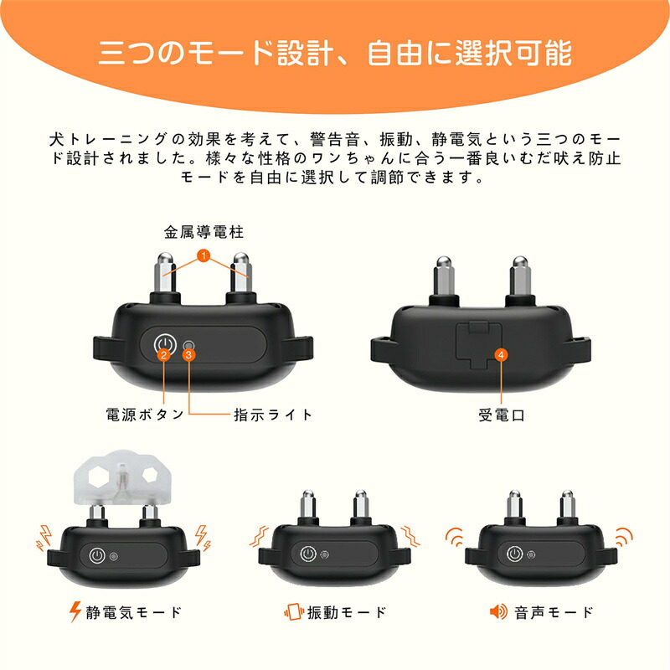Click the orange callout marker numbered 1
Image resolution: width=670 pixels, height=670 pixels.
click(x=204, y=255)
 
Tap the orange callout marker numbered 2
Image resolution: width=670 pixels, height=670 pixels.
click(x=163, y=354)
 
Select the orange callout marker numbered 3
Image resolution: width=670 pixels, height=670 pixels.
click(x=189, y=354)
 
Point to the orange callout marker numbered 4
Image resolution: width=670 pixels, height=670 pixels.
click(x=501, y=354)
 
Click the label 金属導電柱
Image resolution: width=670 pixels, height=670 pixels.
click(x=204, y=232)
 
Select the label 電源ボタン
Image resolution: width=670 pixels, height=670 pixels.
click(x=145, y=415)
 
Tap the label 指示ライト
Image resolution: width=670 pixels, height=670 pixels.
click(x=273, y=415)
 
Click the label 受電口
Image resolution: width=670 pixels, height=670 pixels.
click(x=501, y=415)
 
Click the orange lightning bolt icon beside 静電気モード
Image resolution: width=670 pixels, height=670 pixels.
click(x=75, y=611)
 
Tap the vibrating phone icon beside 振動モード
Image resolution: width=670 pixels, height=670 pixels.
click(x=294, y=612)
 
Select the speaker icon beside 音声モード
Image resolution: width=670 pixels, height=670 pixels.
click(x=498, y=612)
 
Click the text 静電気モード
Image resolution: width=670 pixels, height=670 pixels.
click(x=134, y=612)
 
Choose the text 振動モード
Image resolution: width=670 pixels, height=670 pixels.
click(x=347, y=612)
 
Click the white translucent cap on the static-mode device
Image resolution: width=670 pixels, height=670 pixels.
click(x=121, y=477)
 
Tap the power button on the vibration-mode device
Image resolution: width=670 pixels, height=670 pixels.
click(x=307, y=554)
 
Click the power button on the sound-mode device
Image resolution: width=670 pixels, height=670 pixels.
click(x=514, y=554)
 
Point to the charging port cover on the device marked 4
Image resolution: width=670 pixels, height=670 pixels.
click(x=478, y=344)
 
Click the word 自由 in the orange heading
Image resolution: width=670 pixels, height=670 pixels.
click(x=395, y=53)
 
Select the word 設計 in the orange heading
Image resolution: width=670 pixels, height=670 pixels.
click(x=305, y=53)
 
